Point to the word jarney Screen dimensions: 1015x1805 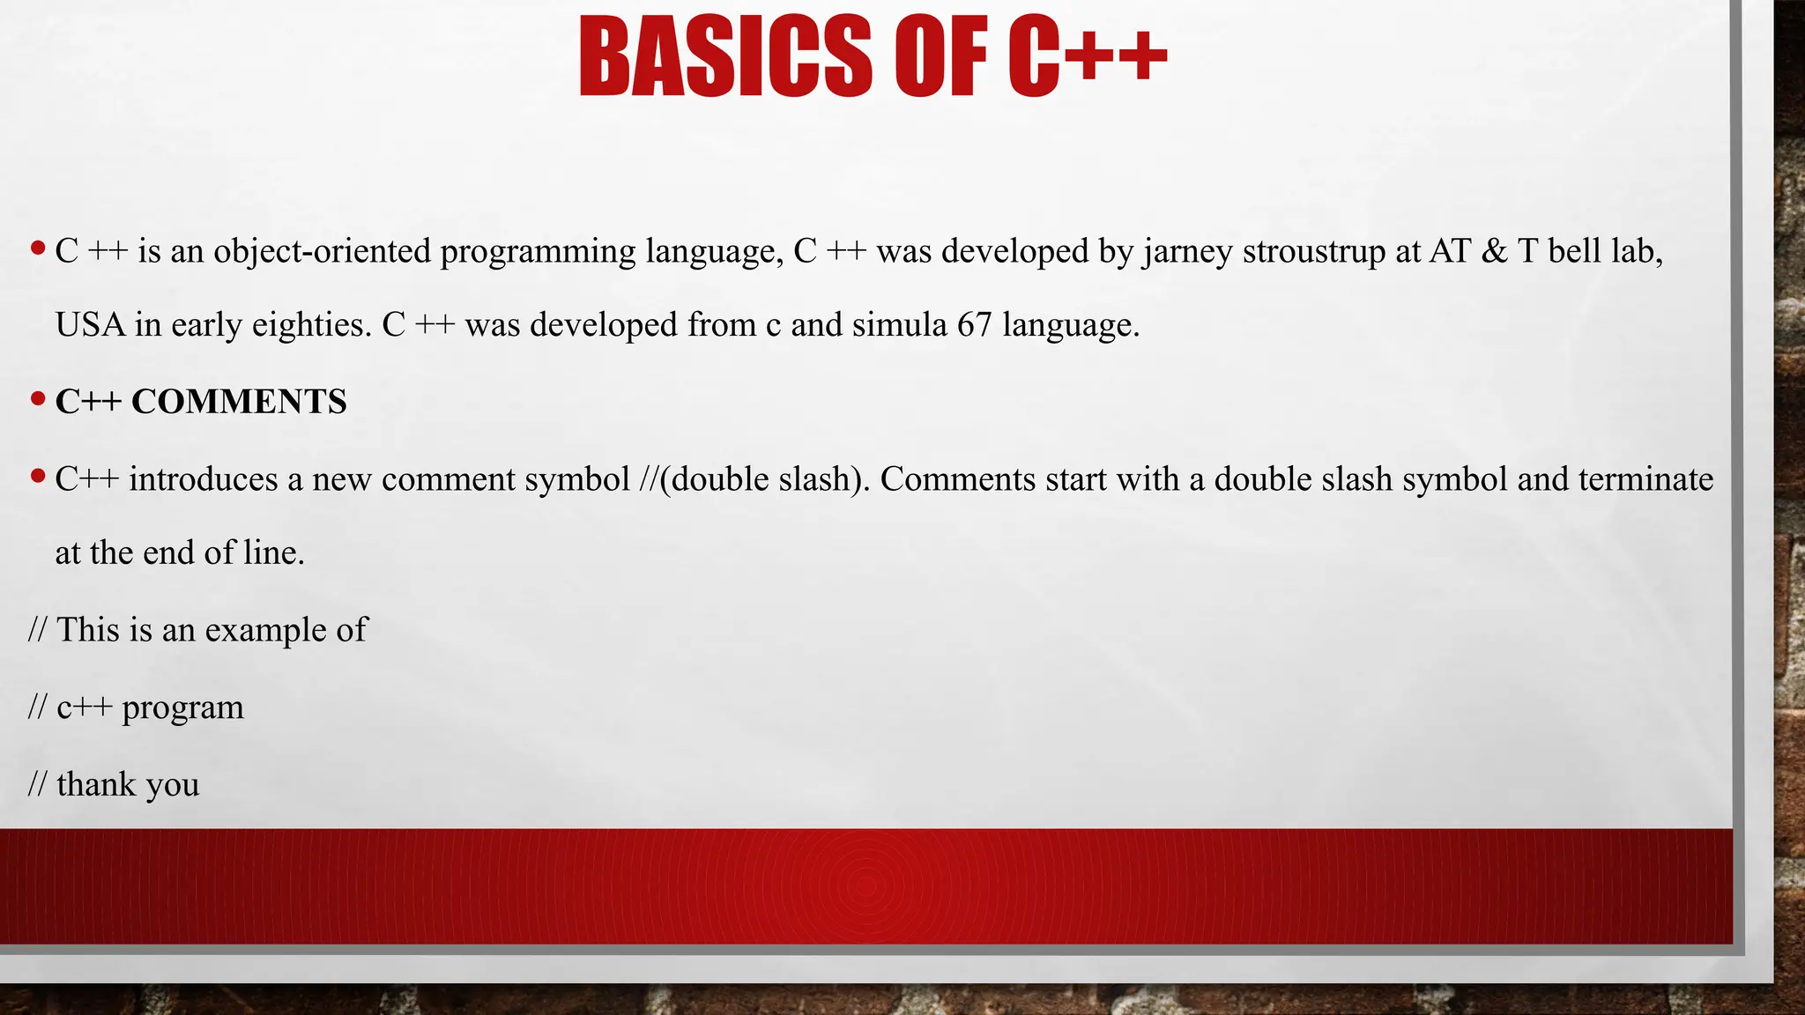click(x=1188, y=252)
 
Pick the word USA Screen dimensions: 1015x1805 click(x=90, y=325)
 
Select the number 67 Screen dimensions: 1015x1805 click(x=975, y=325)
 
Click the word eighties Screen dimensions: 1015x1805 click(x=311, y=325)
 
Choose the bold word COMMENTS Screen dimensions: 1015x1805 click(x=239, y=402)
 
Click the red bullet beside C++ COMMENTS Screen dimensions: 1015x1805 click(x=37, y=399)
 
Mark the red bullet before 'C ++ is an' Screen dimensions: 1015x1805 click(x=37, y=248)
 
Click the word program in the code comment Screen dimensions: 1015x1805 click(x=182, y=708)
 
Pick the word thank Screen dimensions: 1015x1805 click(x=96, y=784)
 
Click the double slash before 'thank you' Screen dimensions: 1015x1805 click(x=37, y=784)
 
